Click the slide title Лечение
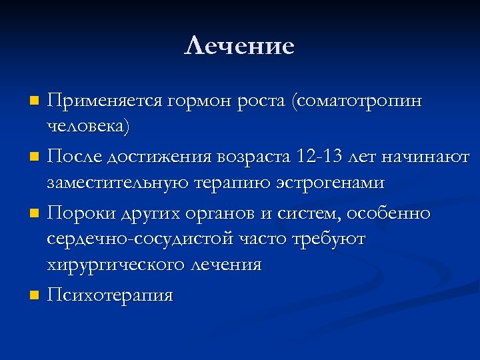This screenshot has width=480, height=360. point(239,46)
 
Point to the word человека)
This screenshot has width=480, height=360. point(89,126)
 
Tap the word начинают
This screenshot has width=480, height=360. point(431,157)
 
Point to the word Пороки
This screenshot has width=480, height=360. point(81,213)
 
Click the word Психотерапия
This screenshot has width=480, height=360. point(110,295)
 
